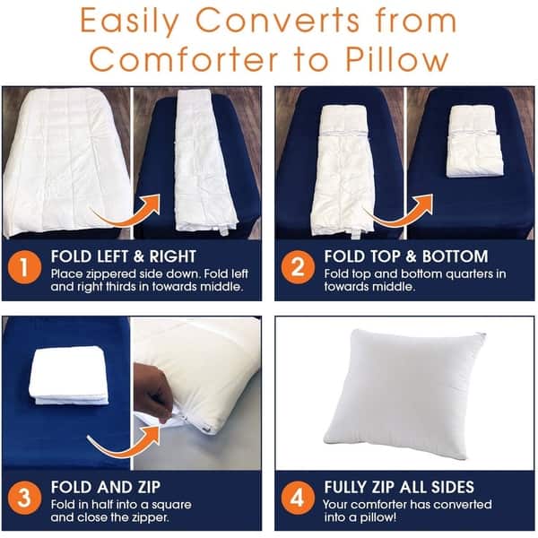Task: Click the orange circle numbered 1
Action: click(x=24, y=267)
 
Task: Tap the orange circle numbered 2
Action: click(x=298, y=267)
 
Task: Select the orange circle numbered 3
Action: click(x=24, y=498)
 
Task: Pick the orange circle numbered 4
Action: click(x=298, y=498)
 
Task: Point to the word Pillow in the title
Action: click(x=397, y=59)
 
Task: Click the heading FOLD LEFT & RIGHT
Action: click(x=124, y=256)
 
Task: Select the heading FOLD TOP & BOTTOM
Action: click(x=406, y=256)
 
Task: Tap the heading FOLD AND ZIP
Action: click(x=106, y=487)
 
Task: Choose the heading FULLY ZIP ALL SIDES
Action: click(x=399, y=487)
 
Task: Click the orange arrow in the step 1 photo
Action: click(x=128, y=215)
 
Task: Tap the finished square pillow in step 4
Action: click(x=404, y=394)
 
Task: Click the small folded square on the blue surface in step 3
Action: click(x=69, y=376)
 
